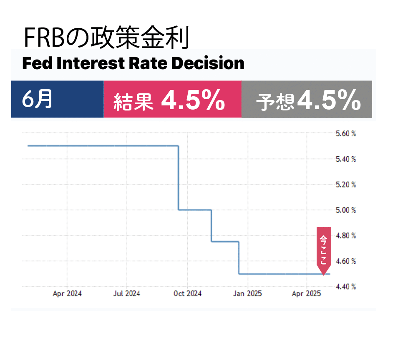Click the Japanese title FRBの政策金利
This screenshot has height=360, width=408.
pyautogui.click(x=106, y=38)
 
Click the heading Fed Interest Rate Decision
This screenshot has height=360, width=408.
pyautogui.click(x=133, y=64)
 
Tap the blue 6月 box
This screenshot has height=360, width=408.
pyautogui.click(x=58, y=99)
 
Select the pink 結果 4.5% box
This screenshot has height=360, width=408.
pyautogui.click(x=172, y=99)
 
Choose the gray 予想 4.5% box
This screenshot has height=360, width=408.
pyautogui.click(x=307, y=99)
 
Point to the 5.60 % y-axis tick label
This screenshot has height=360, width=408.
pyautogui.click(x=346, y=134)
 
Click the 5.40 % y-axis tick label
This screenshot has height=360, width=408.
pyautogui.click(x=346, y=159)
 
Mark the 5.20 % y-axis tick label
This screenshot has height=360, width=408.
pyautogui.click(x=346, y=185)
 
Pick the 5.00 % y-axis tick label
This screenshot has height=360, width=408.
pyautogui.click(x=346, y=210)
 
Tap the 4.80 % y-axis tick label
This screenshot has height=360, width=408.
pyautogui.click(x=346, y=236)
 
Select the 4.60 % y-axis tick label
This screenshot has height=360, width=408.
pyautogui.click(x=346, y=261)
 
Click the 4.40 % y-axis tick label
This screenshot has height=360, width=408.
pyautogui.click(x=346, y=287)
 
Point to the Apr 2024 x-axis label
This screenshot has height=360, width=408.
pyautogui.click(x=67, y=294)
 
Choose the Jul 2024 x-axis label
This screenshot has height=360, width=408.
pyautogui.click(x=127, y=294)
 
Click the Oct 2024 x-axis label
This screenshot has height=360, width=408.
pyautogui.click(x=187, y=294)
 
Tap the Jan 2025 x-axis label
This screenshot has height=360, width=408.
pyautogui.click(x=247, y=294)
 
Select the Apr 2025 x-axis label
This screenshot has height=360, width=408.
pyautogui.click(x=307, y=294)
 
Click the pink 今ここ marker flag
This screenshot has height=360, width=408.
pyautogui.click(x=324, y=249)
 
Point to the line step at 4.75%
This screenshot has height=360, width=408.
pyautogui.click(x=225, y=241)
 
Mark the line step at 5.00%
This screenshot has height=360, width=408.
pyautogui.click(x=195, y=210)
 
